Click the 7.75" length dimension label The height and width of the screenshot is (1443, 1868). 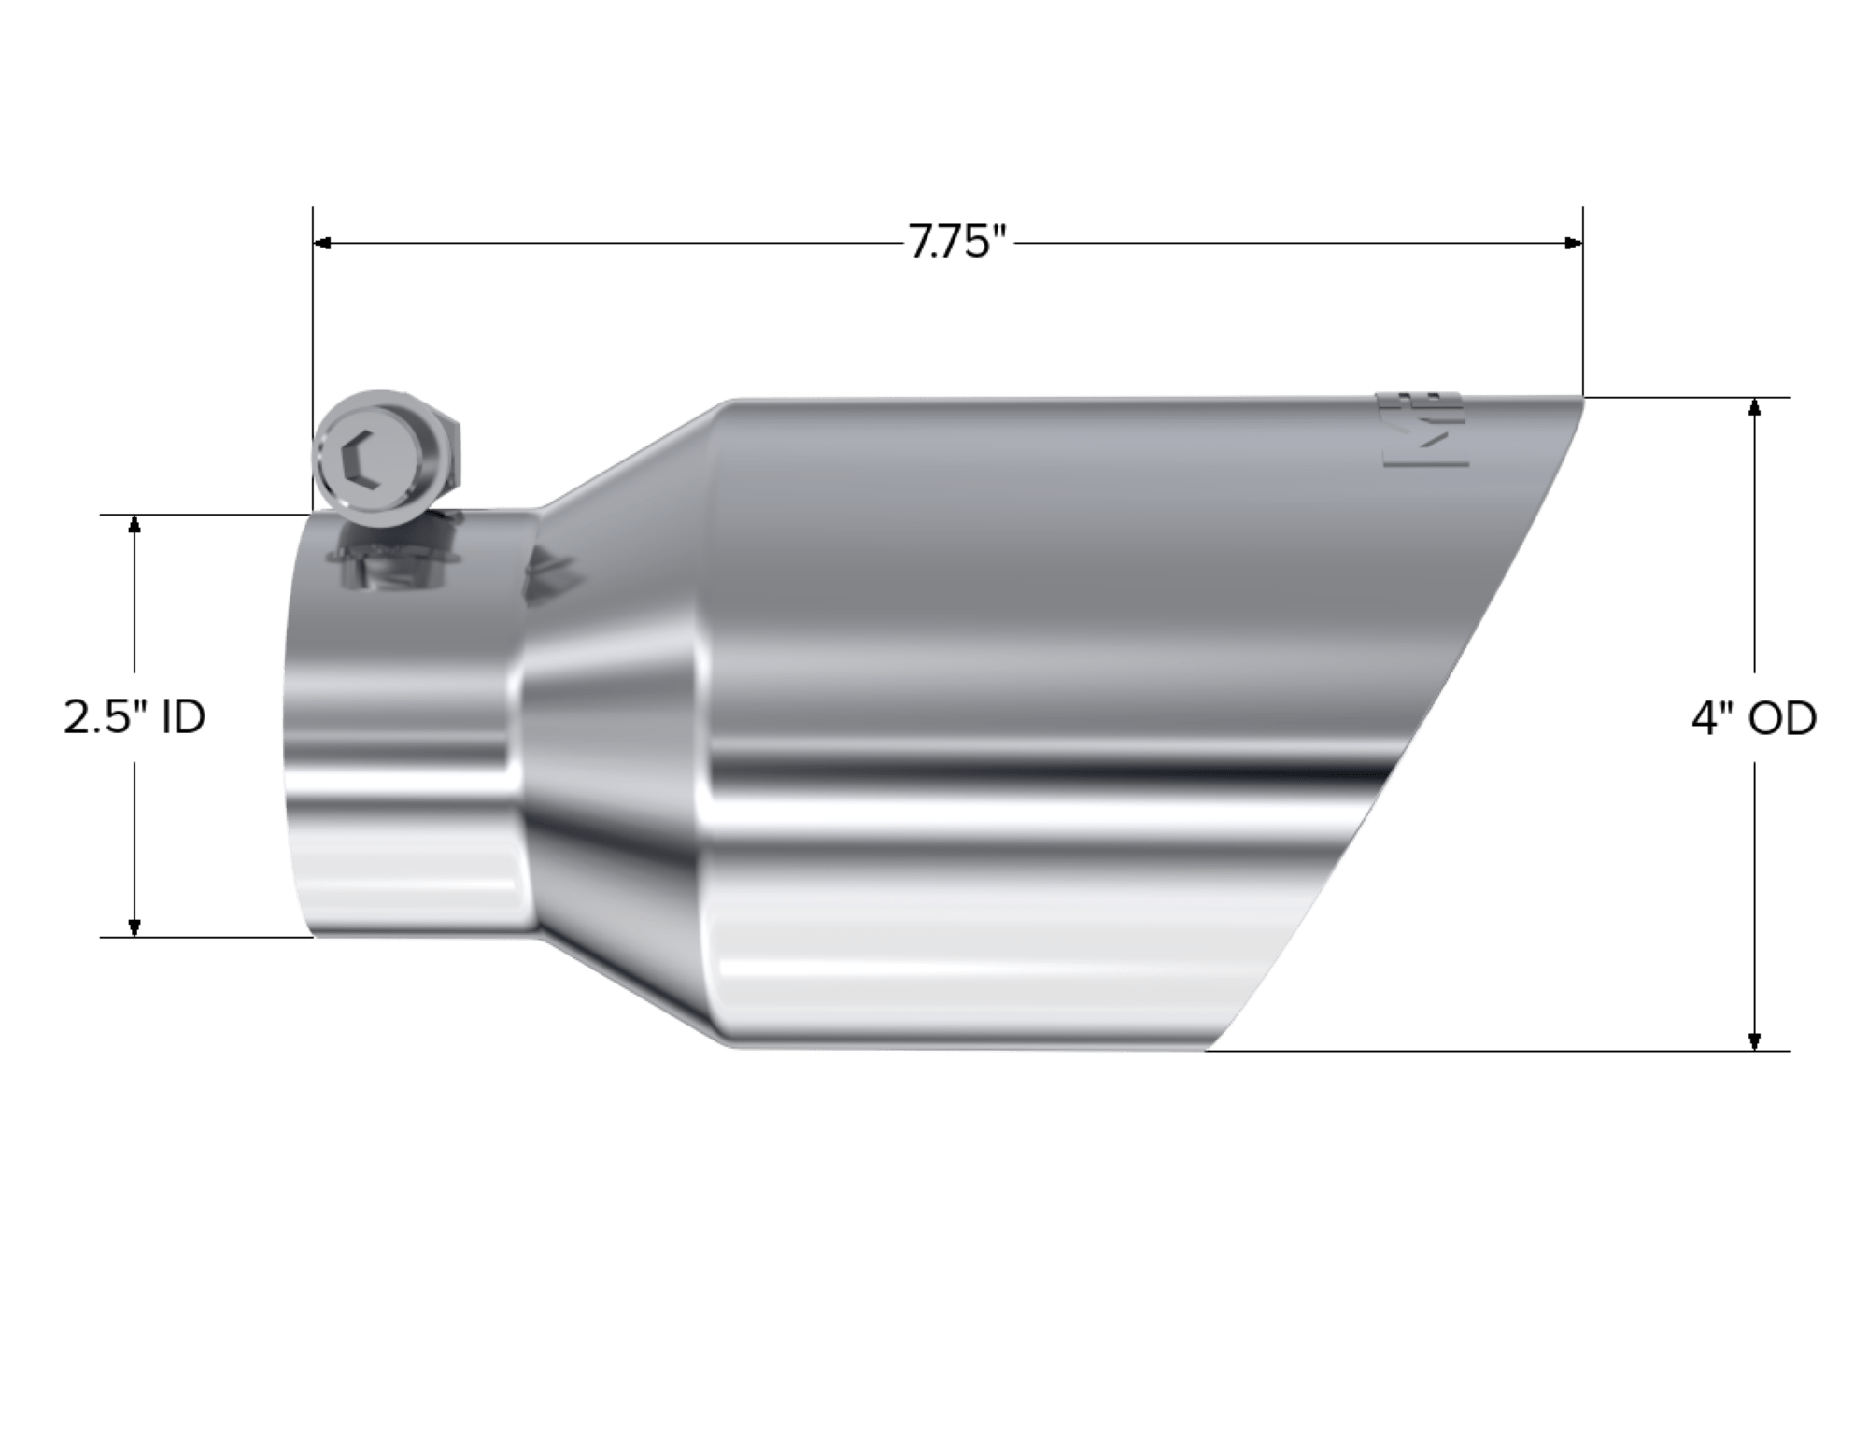pos(959,245)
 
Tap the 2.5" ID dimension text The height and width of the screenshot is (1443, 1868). pos(134,719)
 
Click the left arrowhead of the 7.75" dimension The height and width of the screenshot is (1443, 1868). pos(322,244)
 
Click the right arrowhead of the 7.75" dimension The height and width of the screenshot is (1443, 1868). pos(1573,244)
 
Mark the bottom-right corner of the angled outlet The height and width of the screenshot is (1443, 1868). pos(1210,1049)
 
